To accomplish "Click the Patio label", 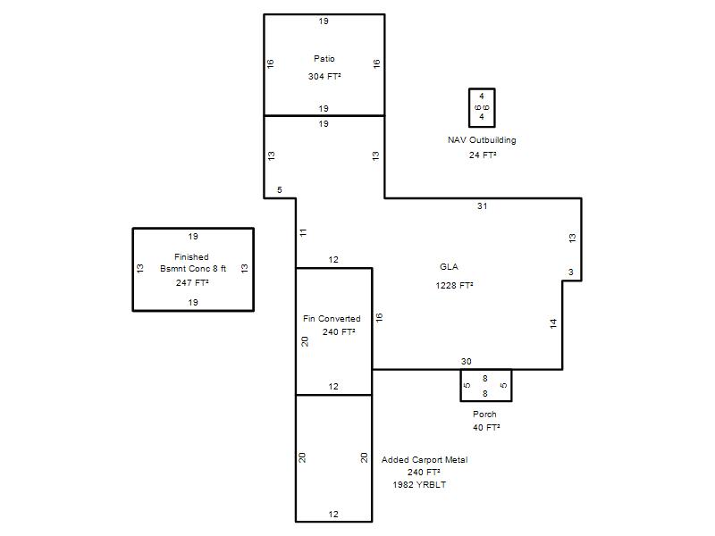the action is pos(324,58).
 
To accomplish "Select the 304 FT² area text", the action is pos(324,76).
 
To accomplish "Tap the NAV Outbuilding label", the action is pos(482,140).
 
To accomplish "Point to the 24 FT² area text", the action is pos(483,155).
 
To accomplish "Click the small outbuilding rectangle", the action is pos(469,108).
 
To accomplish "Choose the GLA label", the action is pos(450,266).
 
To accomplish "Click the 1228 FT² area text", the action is pos(454,285).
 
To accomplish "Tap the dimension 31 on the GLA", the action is pos(482,206).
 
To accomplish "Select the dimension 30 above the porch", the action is pos(466,362).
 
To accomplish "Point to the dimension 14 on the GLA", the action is pos(553,323).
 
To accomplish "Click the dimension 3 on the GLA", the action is pos(571,272).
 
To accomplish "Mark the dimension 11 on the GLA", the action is pos(303,232).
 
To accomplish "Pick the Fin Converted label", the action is pos(332,319).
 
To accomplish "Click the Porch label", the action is pos(484,414).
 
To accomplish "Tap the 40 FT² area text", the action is pos(486,428).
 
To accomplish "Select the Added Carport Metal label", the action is pos(425,459).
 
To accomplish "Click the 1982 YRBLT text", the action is pos(419,484).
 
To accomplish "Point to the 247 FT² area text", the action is pos(192,282).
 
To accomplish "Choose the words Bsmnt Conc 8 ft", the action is pos(193,269).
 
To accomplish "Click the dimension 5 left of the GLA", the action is pos(280,189).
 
